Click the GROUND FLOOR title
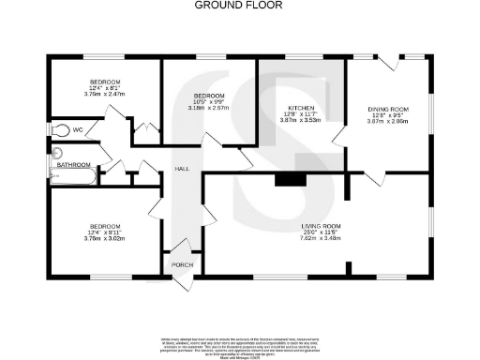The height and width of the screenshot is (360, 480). [x=239, y=5]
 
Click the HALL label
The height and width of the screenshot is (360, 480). [x=182, y=169]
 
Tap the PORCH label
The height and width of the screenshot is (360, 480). [x=182, y=265]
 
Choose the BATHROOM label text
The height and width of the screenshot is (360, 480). [x=73, y=165]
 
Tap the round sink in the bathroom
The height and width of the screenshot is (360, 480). [x=56, y=152]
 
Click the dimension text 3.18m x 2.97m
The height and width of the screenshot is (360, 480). [x=208, y=108]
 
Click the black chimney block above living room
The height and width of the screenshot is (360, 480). [x=290, y=181]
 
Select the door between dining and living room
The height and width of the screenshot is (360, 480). [x=373, y=178]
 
